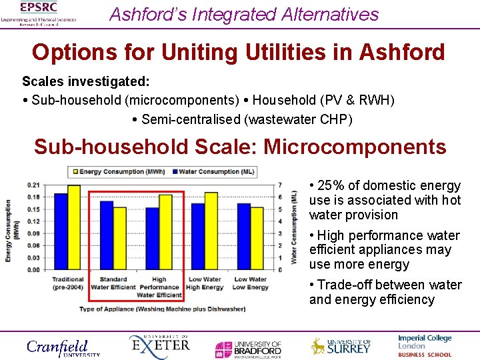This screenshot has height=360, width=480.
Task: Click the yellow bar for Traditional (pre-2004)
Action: tap(73, 227)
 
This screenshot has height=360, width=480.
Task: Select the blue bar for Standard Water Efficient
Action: tap(106, 235)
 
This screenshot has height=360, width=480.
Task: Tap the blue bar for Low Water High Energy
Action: tap(198, 236)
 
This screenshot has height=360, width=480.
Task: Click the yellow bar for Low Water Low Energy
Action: tap(257, 238)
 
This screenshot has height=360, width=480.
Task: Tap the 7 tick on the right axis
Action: tap(280, 185)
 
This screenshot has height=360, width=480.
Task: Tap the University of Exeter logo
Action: tap(159, 346)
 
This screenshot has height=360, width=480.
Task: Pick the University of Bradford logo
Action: tap(248, 348)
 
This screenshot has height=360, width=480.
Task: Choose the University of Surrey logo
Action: tap(341, 346)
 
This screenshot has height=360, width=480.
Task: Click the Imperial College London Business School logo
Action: tap(425, 346)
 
